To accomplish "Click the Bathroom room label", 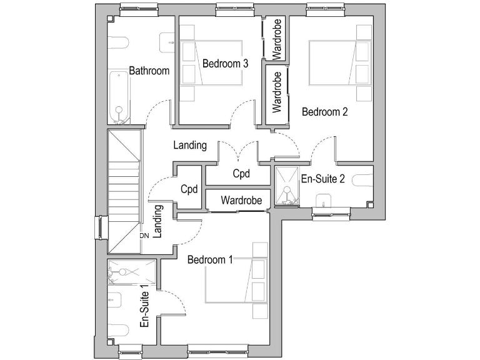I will tap(149, 71).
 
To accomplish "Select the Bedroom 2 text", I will tap(325, 112).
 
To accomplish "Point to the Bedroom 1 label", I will tap(210, 259).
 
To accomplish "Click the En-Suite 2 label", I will tap(323, 179).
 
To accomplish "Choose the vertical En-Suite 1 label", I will tap(144, 307).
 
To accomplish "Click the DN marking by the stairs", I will tap(144, 236).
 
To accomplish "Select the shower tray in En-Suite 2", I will tap(286, 185).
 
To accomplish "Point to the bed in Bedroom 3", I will tap(211, 64).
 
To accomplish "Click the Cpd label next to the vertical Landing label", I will tap(189, 188).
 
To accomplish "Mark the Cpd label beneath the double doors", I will tap(241, 174).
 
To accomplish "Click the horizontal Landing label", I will tap(190, 145).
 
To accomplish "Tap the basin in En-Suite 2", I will tap(323, 201).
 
